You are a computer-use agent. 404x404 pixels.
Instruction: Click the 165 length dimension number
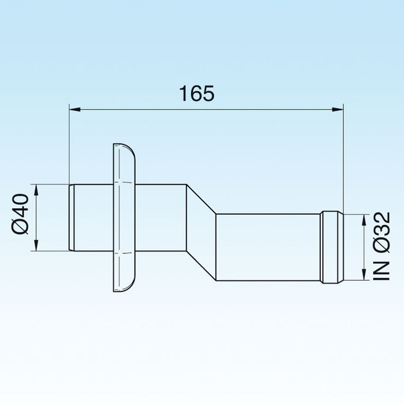[x=197, y=93]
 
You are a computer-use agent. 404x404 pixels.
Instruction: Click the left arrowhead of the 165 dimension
[x=74, y=108]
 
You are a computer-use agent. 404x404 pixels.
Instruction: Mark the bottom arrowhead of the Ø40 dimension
[x=37, y=246]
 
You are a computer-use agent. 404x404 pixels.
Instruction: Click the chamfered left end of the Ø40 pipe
[x=72, y=218]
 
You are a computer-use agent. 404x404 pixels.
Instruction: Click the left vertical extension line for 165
[x=69, y=144]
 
